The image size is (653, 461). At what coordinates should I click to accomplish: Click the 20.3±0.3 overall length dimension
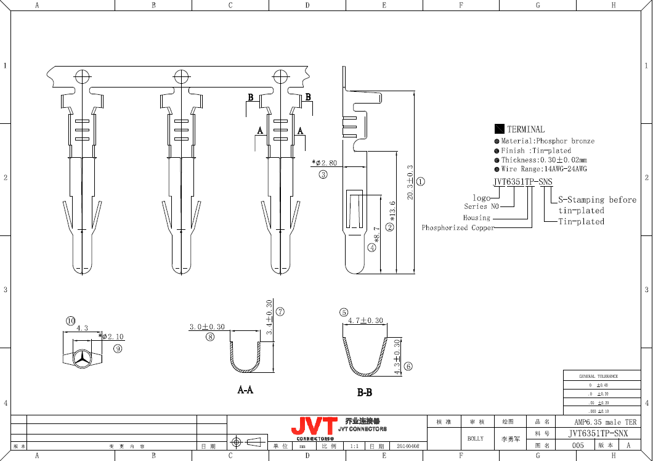pyautogui.click(x=410, y=181)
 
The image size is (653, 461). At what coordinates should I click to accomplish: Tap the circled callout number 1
pyautogui.click(x=421, y=182)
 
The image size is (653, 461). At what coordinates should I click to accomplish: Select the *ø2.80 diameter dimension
pyautogui.click(x=325, y=163)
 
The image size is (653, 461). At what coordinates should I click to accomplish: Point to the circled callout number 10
pyautogui.click(x=71, y=320)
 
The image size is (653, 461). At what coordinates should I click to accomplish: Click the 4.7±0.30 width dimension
pyautogui.click(x=365, y=320)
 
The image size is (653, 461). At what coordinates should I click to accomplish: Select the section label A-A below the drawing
pyautogui.click(x=245, y=390)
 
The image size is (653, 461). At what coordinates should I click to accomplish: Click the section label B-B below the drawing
pyautogui.click(x=365, y=393)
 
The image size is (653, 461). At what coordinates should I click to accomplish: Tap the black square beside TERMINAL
pyautogui.click(x=500, y=129)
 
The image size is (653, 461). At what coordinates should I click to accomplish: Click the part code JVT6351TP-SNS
pyautogui.click(x=523, y=182)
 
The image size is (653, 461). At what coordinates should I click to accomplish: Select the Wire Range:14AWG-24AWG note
pyautogui.click(x=543, y=169)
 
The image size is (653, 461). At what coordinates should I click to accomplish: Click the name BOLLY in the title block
pyautogui.click(x=475, y=439)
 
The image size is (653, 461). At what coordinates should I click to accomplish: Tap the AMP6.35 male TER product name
pyautogui.click(x=605, y=422)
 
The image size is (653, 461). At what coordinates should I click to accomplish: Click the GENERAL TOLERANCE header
pyautogui.click(x=598, y=376)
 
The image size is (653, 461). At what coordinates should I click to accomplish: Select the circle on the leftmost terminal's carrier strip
pyautogui.click(x=83, y=76)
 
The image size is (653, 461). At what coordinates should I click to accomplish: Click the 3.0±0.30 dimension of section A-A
pyautogui.click(x=207, y=327)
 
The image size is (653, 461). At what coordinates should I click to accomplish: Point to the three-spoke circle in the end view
pyautogui.click(x=81, y=357)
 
